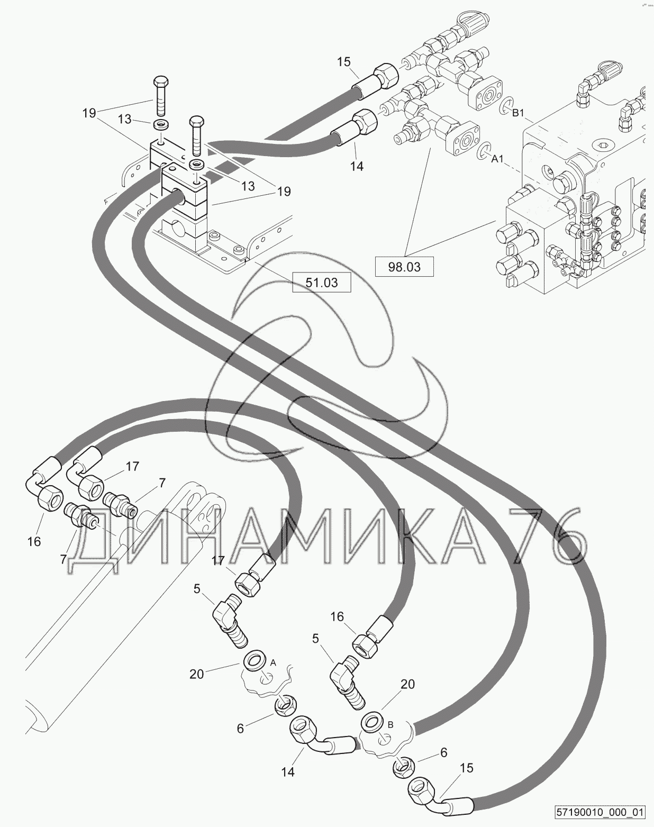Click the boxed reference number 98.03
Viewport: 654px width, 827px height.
pos(404,267)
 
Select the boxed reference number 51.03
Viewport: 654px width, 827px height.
pos(321,283)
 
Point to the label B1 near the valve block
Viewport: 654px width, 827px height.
pos(519,113)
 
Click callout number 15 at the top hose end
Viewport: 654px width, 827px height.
pos(343,62)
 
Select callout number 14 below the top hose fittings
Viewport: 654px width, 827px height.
pos(357,166)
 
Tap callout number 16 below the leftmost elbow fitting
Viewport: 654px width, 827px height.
pos(34,542)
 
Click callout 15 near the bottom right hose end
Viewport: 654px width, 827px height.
pos(467,768)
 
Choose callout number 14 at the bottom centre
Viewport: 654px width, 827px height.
pos(287,771)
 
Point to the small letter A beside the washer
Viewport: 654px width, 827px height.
pos(273,662)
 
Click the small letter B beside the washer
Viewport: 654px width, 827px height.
pos(390,724)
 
